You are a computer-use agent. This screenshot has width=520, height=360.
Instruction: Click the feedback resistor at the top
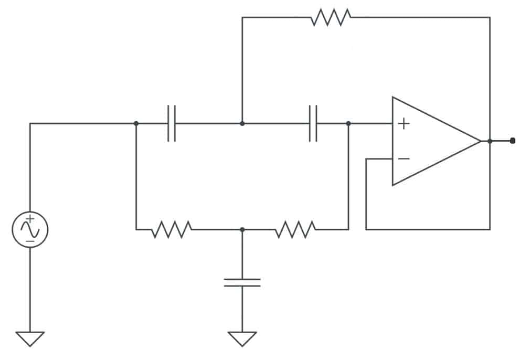331,17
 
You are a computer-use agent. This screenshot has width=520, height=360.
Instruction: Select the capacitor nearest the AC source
172,123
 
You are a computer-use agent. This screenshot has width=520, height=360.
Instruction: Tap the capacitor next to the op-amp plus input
313,123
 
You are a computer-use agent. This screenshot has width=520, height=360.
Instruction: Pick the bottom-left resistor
172,229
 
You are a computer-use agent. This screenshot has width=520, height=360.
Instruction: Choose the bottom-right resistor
295,229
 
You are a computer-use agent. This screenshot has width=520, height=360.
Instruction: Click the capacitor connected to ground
242,282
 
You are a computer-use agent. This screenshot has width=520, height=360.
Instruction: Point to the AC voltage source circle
30,229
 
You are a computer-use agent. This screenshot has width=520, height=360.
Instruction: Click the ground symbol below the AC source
30,338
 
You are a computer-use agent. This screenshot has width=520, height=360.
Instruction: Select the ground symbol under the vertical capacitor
242,338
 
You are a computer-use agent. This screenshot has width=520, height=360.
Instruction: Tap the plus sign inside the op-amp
403,123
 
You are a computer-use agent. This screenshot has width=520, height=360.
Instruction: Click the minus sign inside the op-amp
403,158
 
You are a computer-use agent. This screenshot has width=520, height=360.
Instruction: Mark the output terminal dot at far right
513,141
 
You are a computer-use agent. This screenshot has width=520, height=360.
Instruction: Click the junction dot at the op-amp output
490,141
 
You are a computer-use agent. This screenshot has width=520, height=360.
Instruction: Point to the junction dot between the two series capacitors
242,123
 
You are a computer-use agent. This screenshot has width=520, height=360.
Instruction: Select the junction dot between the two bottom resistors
242,229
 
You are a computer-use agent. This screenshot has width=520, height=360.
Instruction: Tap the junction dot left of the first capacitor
136,123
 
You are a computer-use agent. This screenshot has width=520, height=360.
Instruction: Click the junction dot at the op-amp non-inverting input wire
348,123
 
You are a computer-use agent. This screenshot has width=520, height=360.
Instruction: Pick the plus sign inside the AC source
30,218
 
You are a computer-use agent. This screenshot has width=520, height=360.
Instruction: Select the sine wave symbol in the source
30,229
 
